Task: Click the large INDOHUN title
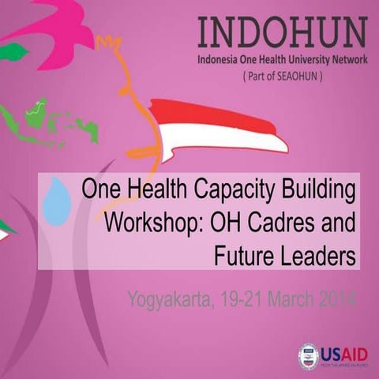[282, 32]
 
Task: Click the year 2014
[335, 299]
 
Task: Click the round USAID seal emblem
[309, 356]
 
